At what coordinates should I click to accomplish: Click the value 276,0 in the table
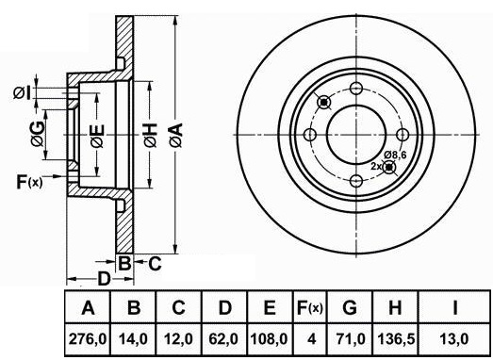click(x=88, y=339)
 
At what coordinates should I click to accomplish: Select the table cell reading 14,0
click(x=133, y=339)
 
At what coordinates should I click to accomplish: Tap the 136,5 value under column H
click(x=395, y=339)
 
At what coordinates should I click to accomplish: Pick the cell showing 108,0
click(x=270, y=339)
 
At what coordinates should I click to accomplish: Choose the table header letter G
click(x=350, y=307)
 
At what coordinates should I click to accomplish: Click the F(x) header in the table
click(x=310, y=307)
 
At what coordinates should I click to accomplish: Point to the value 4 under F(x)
click(x=311, y=339)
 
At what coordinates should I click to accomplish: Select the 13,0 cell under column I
click(x=454, y=339)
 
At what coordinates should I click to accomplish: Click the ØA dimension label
click(x=175, y=136)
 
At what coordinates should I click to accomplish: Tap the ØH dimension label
click(x=150, y=136)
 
